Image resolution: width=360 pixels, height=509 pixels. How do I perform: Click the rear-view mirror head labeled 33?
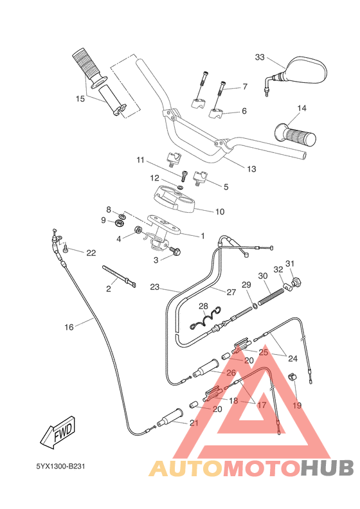click(x=305, y=69)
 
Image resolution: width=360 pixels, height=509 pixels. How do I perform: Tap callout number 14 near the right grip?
click(x=301, y=108)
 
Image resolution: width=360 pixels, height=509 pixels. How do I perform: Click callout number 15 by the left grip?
click(x=80, y=99)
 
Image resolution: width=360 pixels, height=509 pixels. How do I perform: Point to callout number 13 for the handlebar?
click(x=251, y=169)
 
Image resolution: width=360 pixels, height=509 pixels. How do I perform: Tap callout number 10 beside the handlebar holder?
click(x=219, y=211)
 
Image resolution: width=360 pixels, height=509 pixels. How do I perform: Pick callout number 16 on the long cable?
click(x=69, y=327)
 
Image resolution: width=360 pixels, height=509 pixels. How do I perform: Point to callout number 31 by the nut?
click(x=290, y=263)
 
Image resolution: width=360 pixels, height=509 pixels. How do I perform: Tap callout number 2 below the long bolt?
click(x=108, y=290)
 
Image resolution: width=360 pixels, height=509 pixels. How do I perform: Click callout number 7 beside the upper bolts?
click(x=245, y=87)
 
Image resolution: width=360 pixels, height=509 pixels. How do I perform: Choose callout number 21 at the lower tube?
click(x=194, y=423)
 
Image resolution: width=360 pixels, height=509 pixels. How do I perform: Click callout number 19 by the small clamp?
click(x=297, y=406)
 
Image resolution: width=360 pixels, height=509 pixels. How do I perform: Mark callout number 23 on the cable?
click(x=154, y=287)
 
